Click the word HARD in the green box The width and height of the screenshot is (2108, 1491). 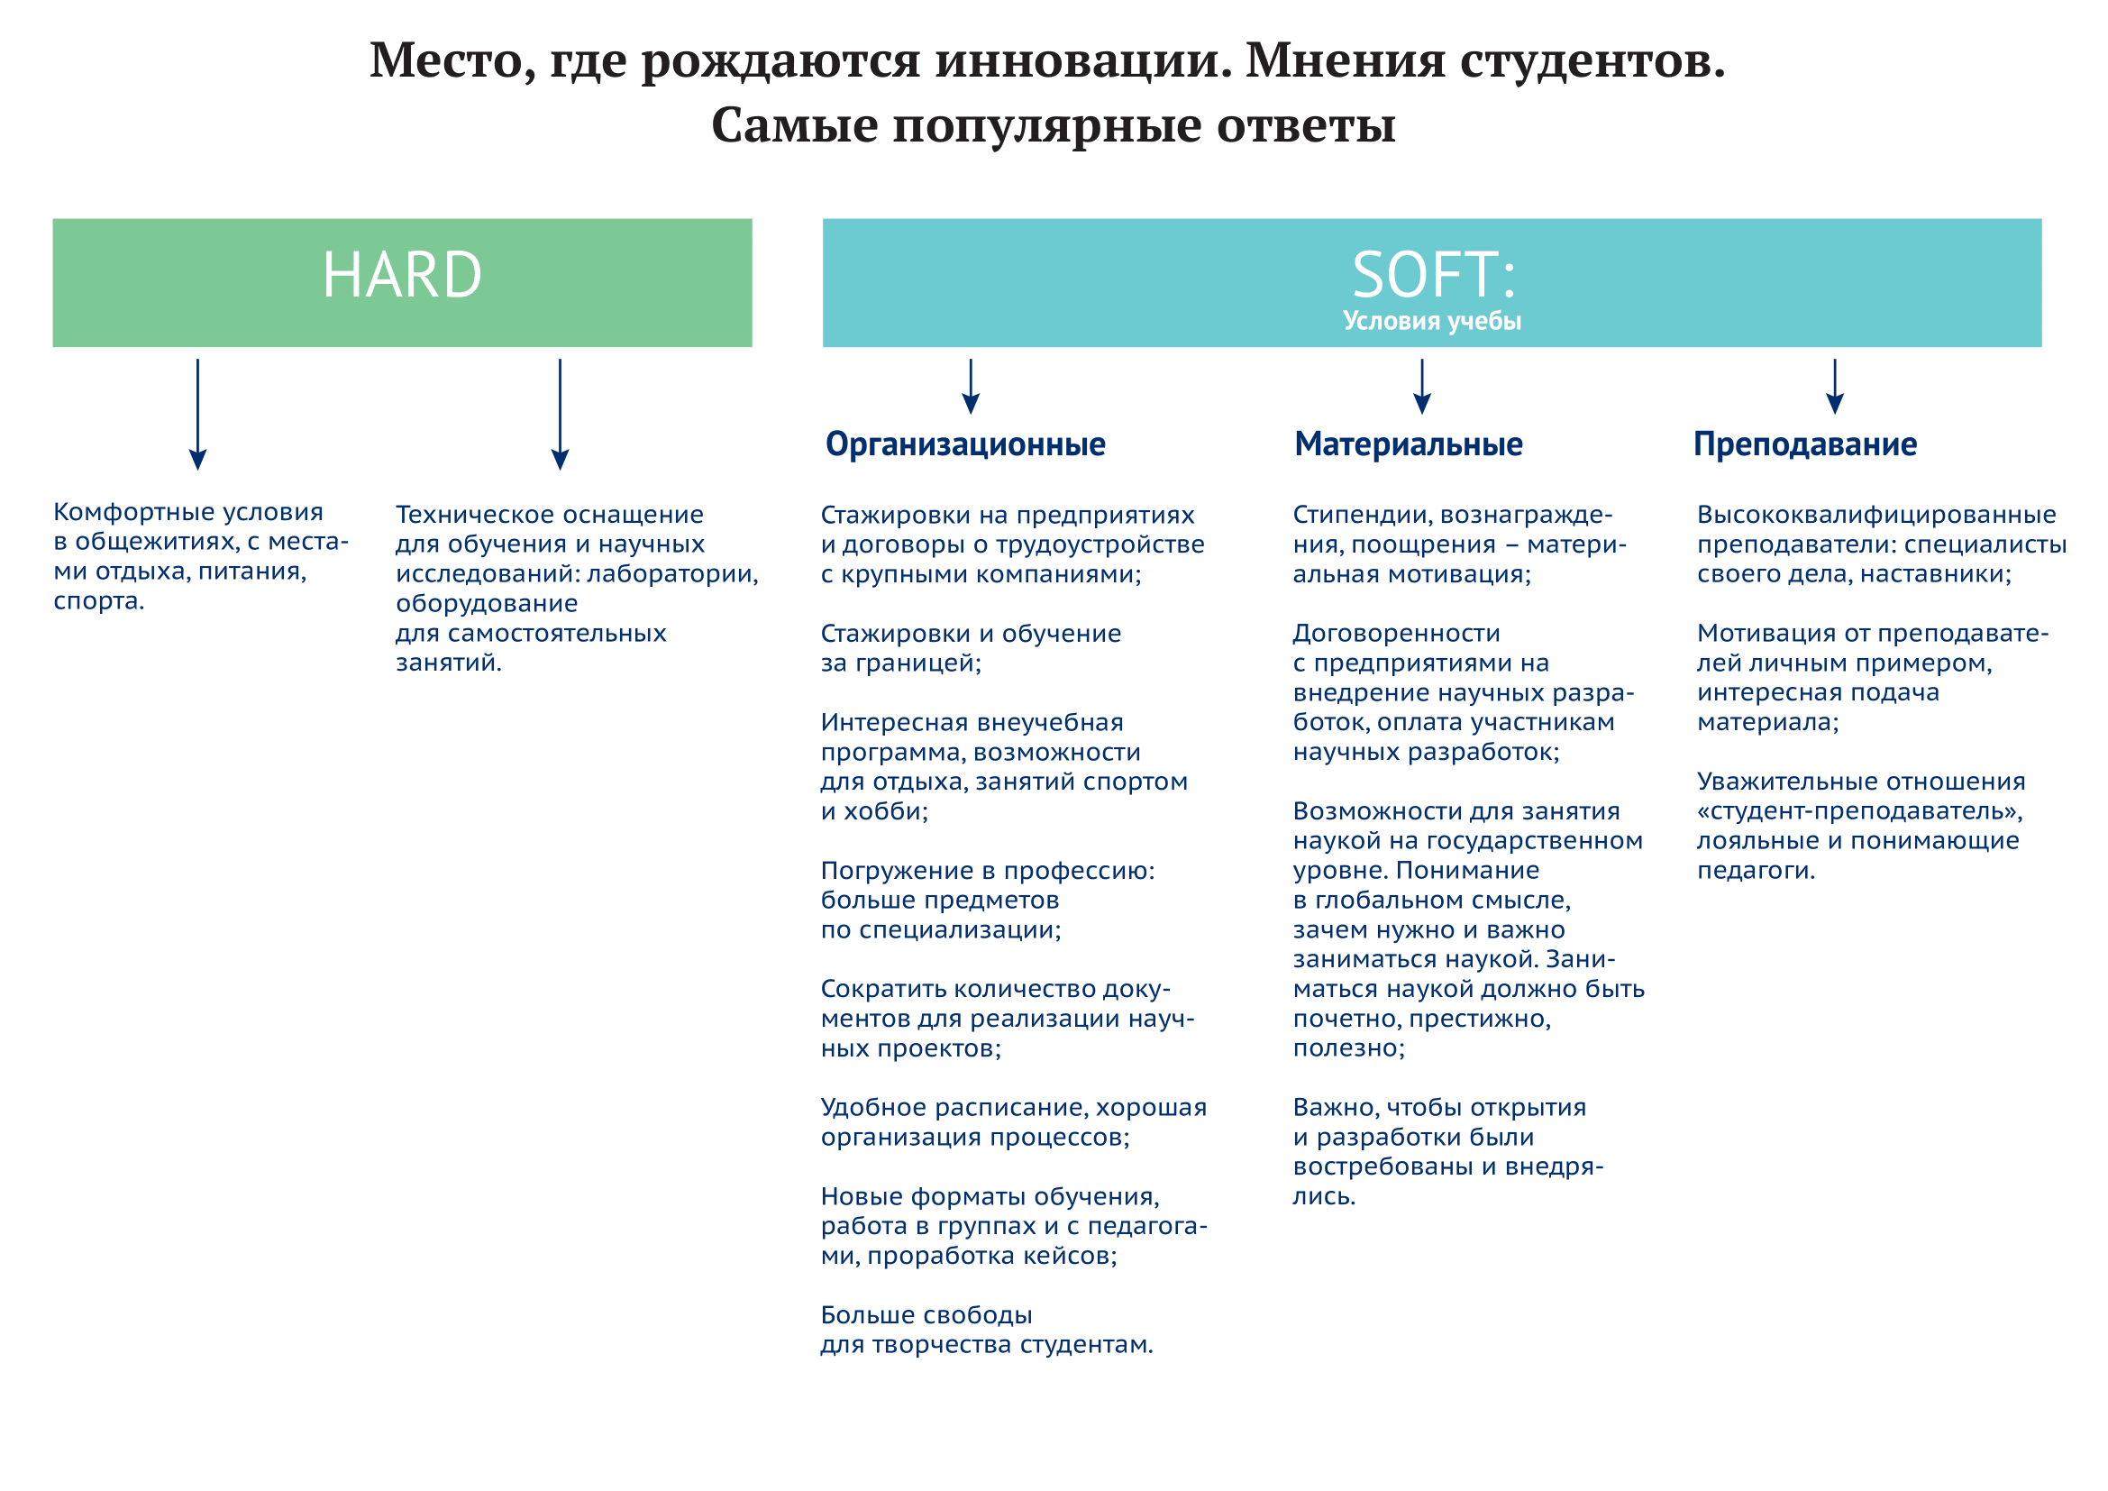402,276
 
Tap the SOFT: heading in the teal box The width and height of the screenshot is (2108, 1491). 1433,276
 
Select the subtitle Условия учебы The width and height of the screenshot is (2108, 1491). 1432,321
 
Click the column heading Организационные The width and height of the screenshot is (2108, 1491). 965,445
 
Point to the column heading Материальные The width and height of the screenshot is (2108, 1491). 1409,445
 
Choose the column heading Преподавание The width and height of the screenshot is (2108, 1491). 1805,445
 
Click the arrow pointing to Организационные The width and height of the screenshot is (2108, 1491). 971,387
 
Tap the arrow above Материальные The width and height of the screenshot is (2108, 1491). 1422,387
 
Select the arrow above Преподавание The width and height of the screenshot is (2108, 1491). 1835,387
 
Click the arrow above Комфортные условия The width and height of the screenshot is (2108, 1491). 197,415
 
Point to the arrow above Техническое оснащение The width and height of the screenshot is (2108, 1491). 560,415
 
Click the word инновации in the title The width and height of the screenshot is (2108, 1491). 1083,61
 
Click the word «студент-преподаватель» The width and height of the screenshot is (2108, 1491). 1860,812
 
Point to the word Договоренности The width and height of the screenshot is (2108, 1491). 1396,635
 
